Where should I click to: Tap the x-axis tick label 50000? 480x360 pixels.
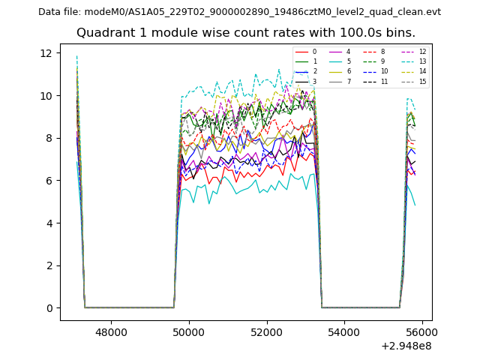tap(188, 332)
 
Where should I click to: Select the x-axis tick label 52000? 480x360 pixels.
tap(266, 332)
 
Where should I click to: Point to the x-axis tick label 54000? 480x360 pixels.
tap(344, 332)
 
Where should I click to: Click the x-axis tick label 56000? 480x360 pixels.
tap(421, 332)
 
